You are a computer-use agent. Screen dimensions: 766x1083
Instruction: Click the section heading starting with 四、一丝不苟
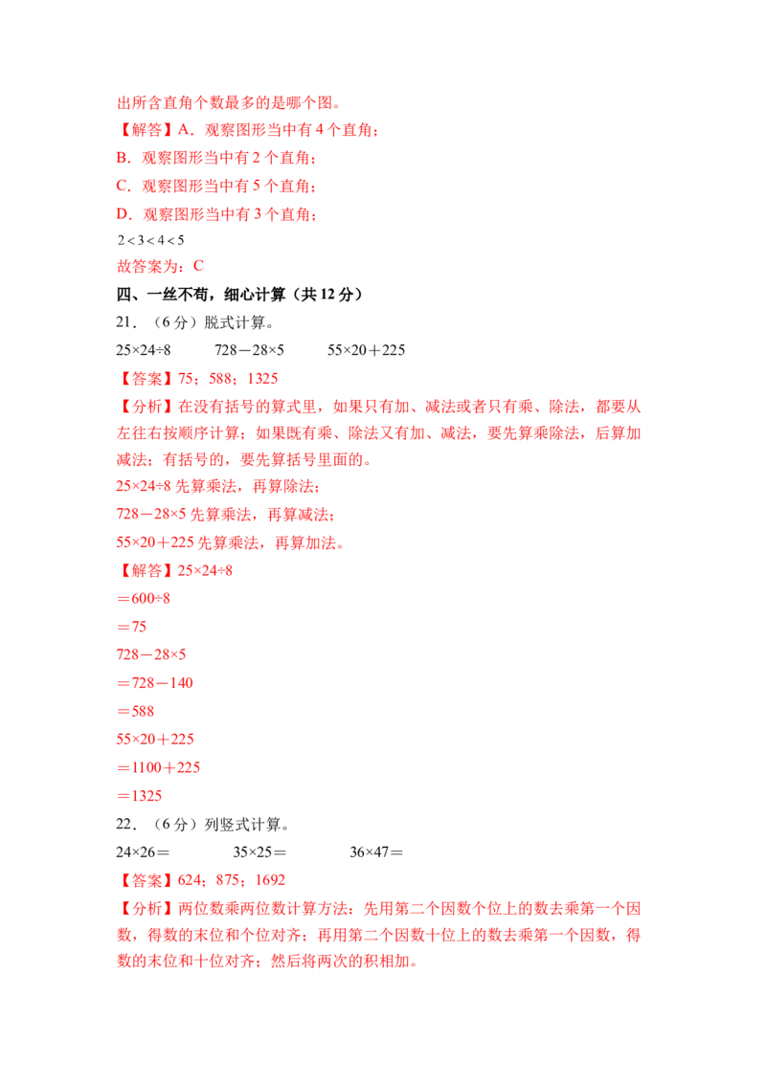pyautogui.click(x=239, y=295)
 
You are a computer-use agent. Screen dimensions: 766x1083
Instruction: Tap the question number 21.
pyautogui.click(x=126, y=322)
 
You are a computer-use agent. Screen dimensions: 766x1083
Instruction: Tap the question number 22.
pyautogui.click(x=126, y=824)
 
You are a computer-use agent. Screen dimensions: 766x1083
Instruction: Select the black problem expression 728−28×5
pyautogui.click(x=249, y=350)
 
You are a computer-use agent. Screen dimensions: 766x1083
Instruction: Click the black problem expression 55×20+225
pyautogui.click(x=366, y=350)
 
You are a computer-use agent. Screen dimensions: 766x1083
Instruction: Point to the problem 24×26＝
pyautogui.click(x=143, y=852)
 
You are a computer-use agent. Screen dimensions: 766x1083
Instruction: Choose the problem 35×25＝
pyautogui.click(x=259, y=852)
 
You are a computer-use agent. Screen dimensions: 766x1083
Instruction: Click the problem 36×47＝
pyautogui.click(x=376, y=852)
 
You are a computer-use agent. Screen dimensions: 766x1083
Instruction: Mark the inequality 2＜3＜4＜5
pyautogui.click(x=150, y=240)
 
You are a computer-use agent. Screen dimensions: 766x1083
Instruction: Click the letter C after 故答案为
pyautogui.click(x=198, y=266)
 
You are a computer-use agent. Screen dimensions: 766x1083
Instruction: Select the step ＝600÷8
pyautogui.click(x=144, y=599)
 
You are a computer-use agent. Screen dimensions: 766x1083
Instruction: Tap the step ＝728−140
pyautogui.click(x=155, y=683)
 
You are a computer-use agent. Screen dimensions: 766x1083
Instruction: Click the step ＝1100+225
pyautogui.click(x=158, y=767)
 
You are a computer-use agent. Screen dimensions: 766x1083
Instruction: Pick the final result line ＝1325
pyautogui.click(x=139, y=796)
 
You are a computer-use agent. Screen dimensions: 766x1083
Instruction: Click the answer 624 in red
pyautogui.click(x=190, y=880)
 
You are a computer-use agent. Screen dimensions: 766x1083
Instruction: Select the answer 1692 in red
pyautogui.click(x=270, y=880)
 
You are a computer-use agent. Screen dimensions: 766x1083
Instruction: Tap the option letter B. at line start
pyautogui.click(x=124, y=158)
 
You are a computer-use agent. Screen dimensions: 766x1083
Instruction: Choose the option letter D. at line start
pyautogui.click(x=124, y=214)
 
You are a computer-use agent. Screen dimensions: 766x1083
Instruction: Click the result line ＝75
pyautogui.click(x=131, y=628)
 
